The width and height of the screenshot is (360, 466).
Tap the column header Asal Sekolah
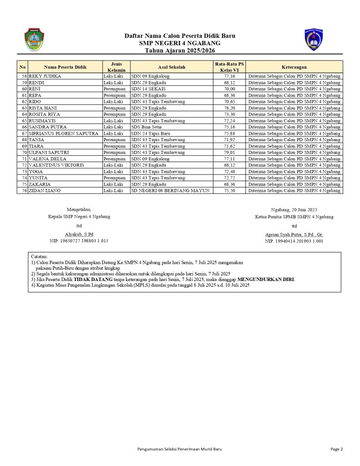[172, 67]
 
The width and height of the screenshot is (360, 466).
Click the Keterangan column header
[294, 67]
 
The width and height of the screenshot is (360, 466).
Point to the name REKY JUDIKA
[45, 76]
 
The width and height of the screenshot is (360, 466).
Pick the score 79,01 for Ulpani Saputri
[229, 153]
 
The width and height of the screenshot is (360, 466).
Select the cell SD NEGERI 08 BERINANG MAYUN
[170, 191]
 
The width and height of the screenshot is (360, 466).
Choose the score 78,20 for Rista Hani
[229, 108]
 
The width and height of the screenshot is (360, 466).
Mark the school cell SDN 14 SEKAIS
[148, 89]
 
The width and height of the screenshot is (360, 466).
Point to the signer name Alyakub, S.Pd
[79, 234]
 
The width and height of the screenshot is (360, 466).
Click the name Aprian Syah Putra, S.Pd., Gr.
[294, 234]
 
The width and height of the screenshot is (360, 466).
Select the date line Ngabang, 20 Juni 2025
[294, 210]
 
